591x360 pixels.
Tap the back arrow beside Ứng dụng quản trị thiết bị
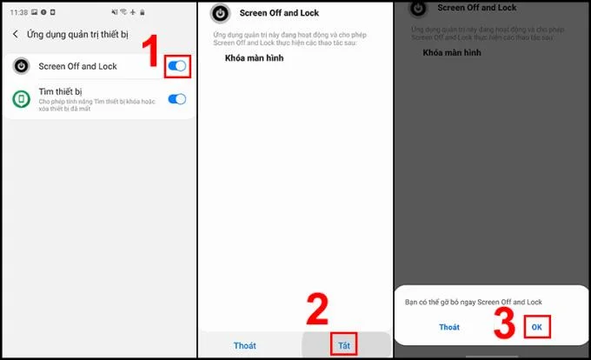[x=15, y=34]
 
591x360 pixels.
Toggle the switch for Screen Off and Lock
[x=176, y=66]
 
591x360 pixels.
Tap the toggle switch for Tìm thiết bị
[x=176, y=99]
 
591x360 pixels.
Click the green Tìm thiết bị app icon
[x=21, y=99]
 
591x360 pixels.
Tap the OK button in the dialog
[x=537, y=327]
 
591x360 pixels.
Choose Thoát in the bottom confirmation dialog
[x=448, y=327]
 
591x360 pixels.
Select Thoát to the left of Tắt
[x=245, y=345]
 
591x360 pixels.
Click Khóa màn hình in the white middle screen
[x=256, y=58]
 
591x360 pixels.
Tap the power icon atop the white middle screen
[x=222, y=14]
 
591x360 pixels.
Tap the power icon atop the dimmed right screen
[x=418, y=8]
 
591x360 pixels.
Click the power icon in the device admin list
[x=21, y=66]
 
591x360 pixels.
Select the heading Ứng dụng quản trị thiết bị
[x=76, y=34]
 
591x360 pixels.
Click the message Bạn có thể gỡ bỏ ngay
[x=474, y=302]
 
